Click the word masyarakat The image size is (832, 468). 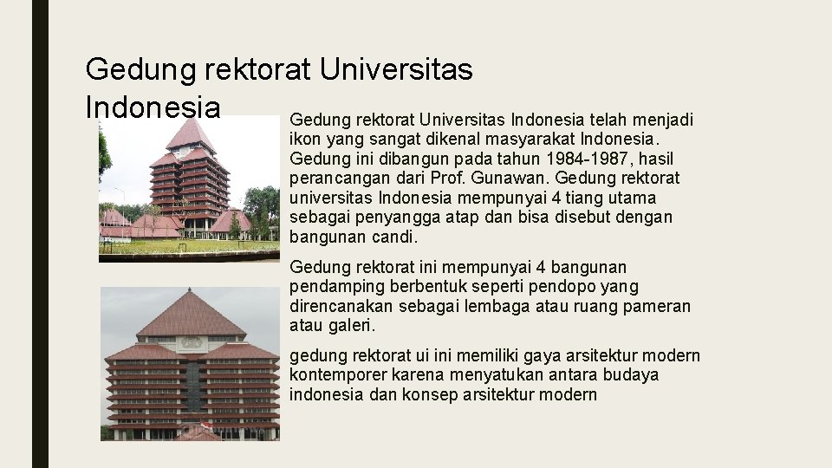[532, 139]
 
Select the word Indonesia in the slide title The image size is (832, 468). [153, 107]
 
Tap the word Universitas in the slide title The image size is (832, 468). [396, 68]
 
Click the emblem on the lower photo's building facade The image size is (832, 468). [191, 342]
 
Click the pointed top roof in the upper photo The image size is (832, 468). [190, 134]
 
